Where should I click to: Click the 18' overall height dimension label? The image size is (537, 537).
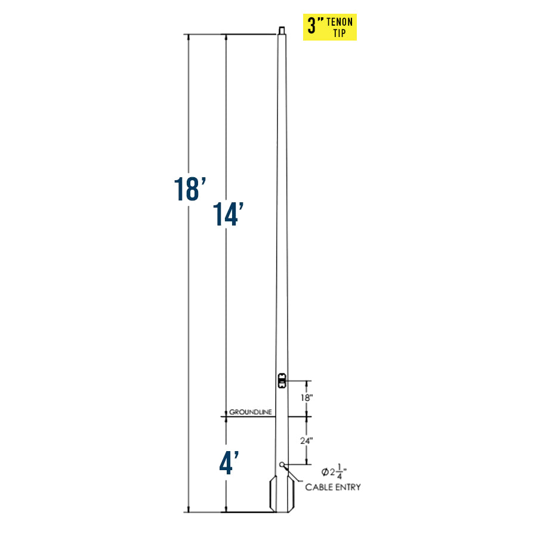click(x=190, y=189)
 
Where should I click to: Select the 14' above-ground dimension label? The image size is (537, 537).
click(x=229, y=214)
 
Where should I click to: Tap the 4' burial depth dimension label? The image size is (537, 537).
click(x=229, y=462)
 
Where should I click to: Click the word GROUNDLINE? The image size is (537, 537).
click(x=251, y=412)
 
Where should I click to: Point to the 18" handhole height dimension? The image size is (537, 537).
click(x=307, y=397)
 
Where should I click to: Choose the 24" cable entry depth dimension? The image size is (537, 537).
click(x=307, y=441)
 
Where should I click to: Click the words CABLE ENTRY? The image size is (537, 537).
click(x=333, y=487)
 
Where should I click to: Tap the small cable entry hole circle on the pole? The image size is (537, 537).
click(x=282, y=465)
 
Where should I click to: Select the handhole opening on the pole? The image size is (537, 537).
click(x=282, y=381)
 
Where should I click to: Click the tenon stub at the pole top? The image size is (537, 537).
click(x=282, y=30)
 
